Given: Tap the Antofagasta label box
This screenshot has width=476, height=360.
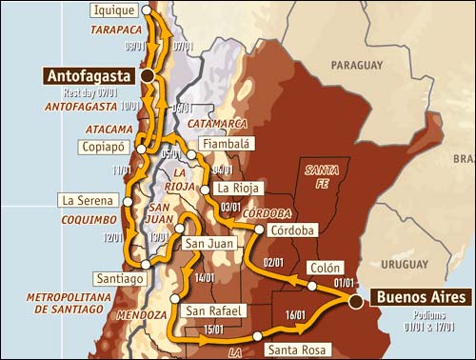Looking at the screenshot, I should [x=89, y=74].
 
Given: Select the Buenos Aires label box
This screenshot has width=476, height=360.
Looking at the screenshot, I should [x=421, y=298].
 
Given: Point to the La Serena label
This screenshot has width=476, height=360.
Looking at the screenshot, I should [x=88, y=201].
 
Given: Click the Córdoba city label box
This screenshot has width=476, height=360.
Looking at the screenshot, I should [x=288, y=230].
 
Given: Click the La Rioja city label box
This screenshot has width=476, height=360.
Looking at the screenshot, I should [x=238, y=188].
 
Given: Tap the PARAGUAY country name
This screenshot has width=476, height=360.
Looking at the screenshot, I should [x=356, y=64].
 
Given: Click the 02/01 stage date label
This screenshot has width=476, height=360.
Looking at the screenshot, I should [x=274, y=262].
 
